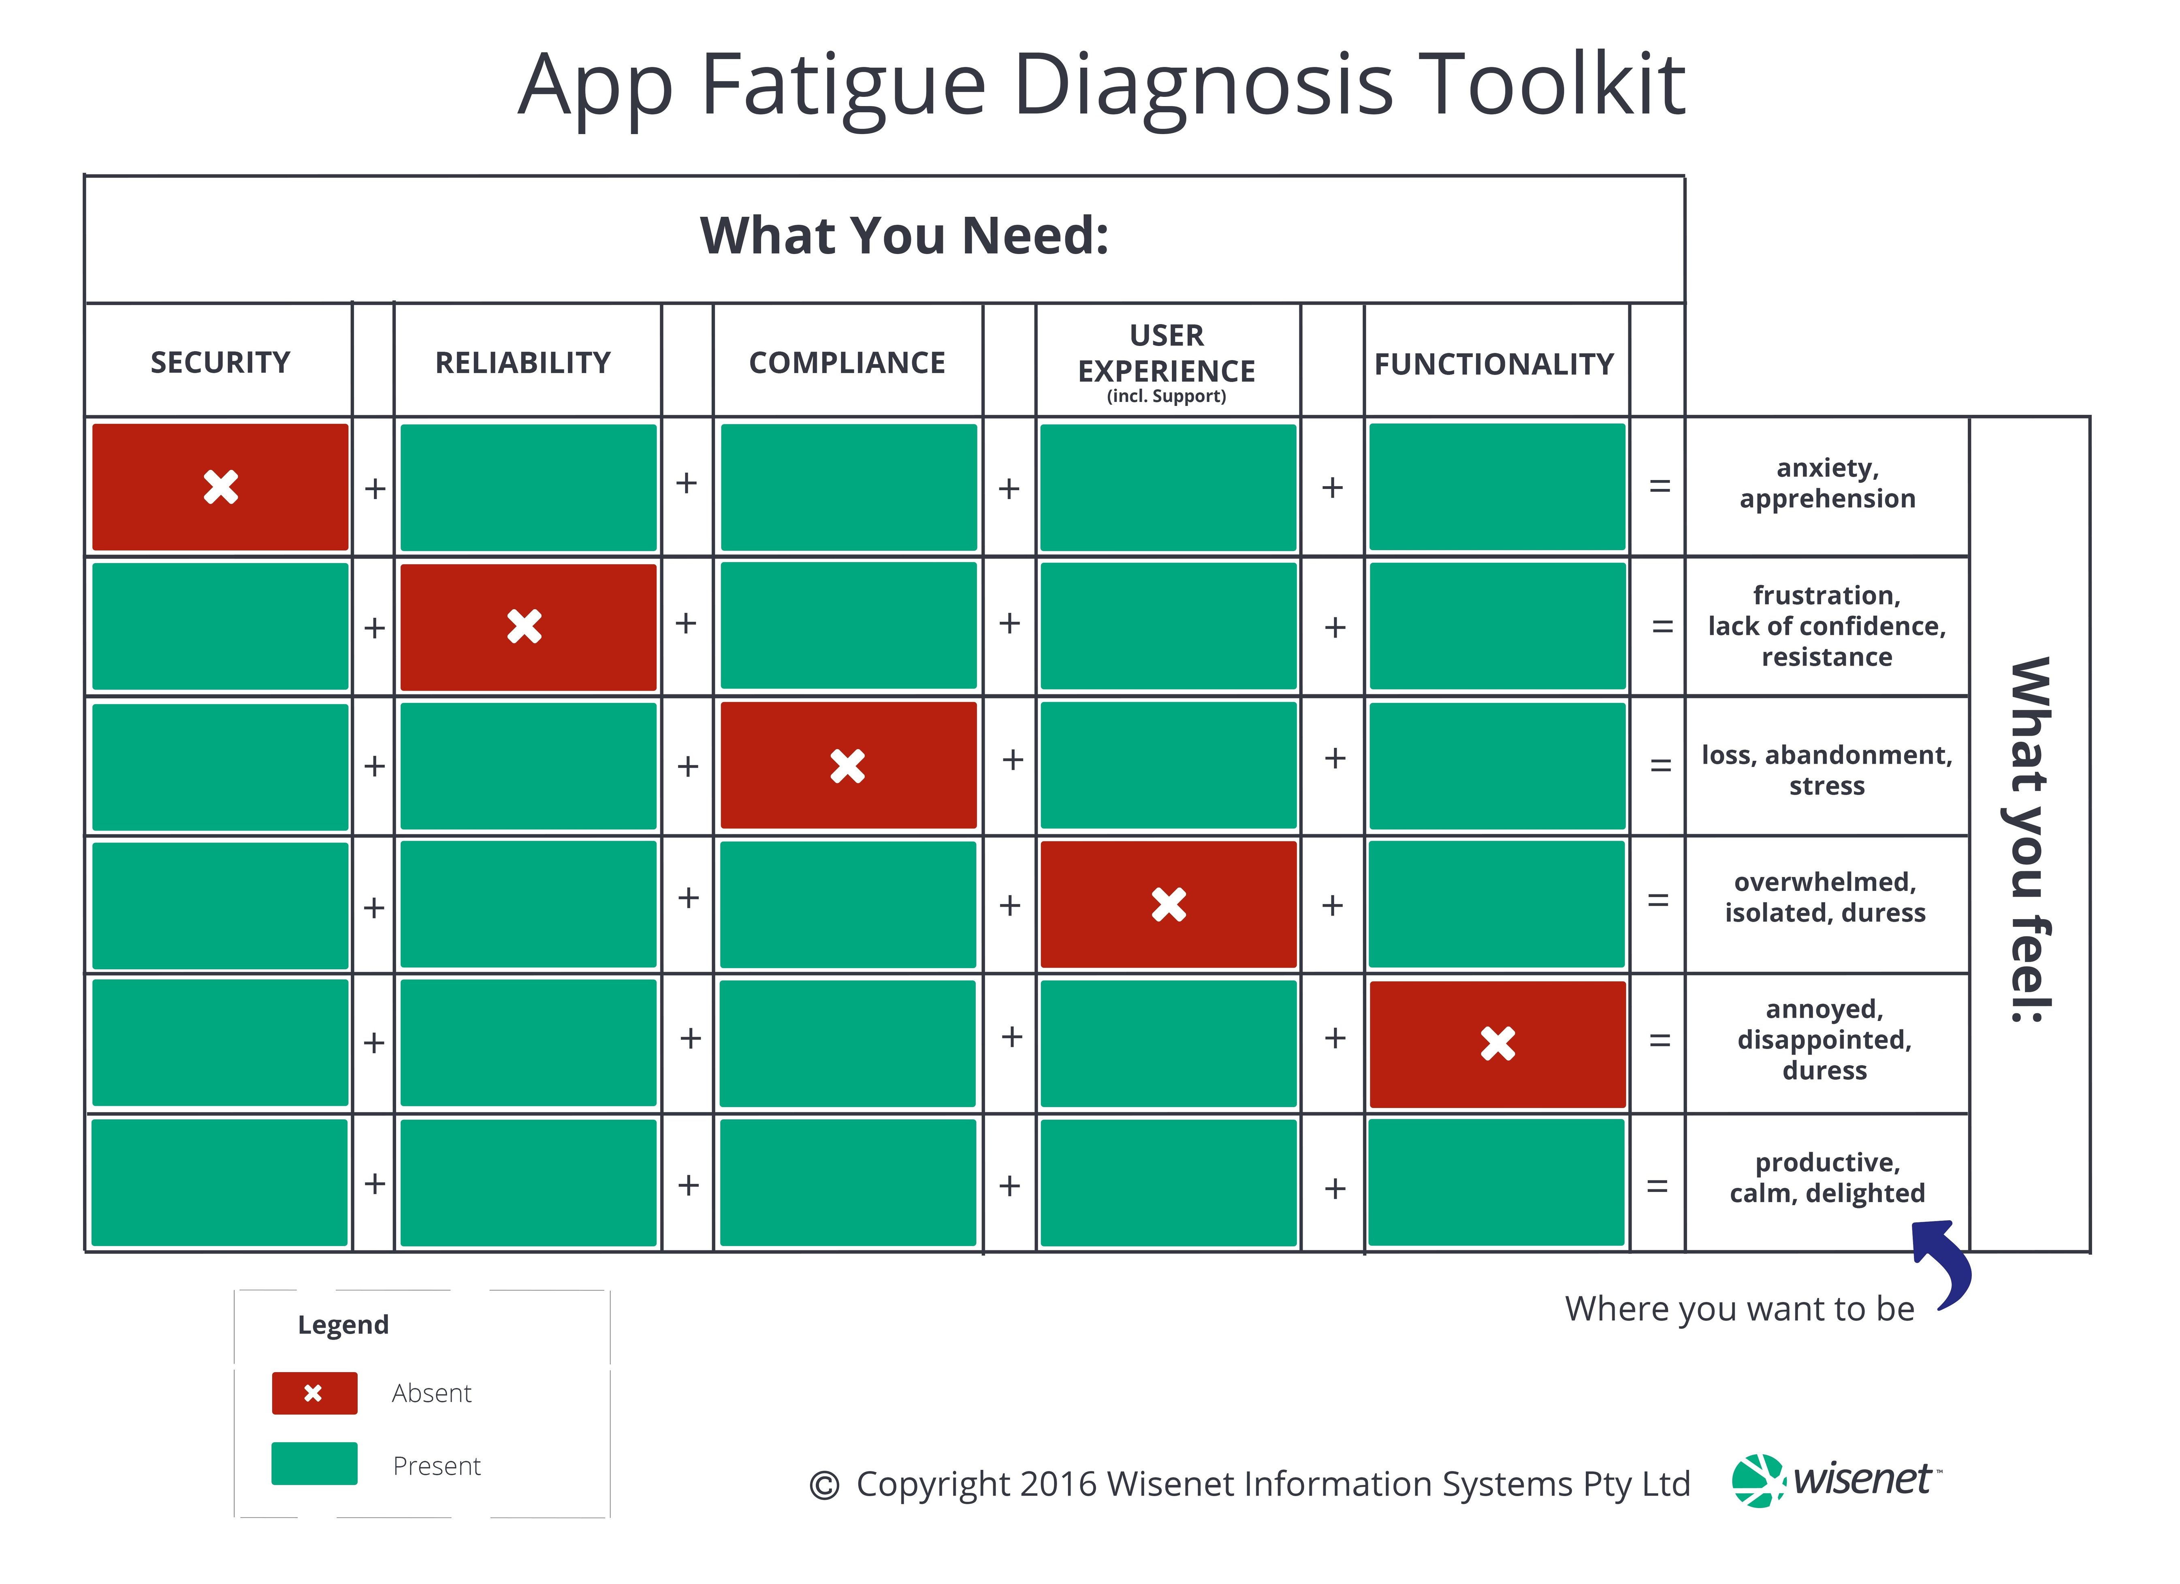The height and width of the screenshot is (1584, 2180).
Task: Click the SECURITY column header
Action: (x=220, y=362)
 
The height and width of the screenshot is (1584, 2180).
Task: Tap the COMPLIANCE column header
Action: (x=847, y=362)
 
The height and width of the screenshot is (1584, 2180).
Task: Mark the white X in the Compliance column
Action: (x=848, y=766)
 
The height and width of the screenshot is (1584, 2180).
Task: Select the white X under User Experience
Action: (x=1169, y=905)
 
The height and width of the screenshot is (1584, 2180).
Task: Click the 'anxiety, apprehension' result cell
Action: (x=1826, y=483)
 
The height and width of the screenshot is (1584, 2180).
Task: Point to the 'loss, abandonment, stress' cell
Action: (x=1826, y=770)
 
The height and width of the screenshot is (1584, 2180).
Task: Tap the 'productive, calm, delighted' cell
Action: (x=1826, y=1177)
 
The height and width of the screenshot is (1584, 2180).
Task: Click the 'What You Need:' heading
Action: (x=904, y=235)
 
